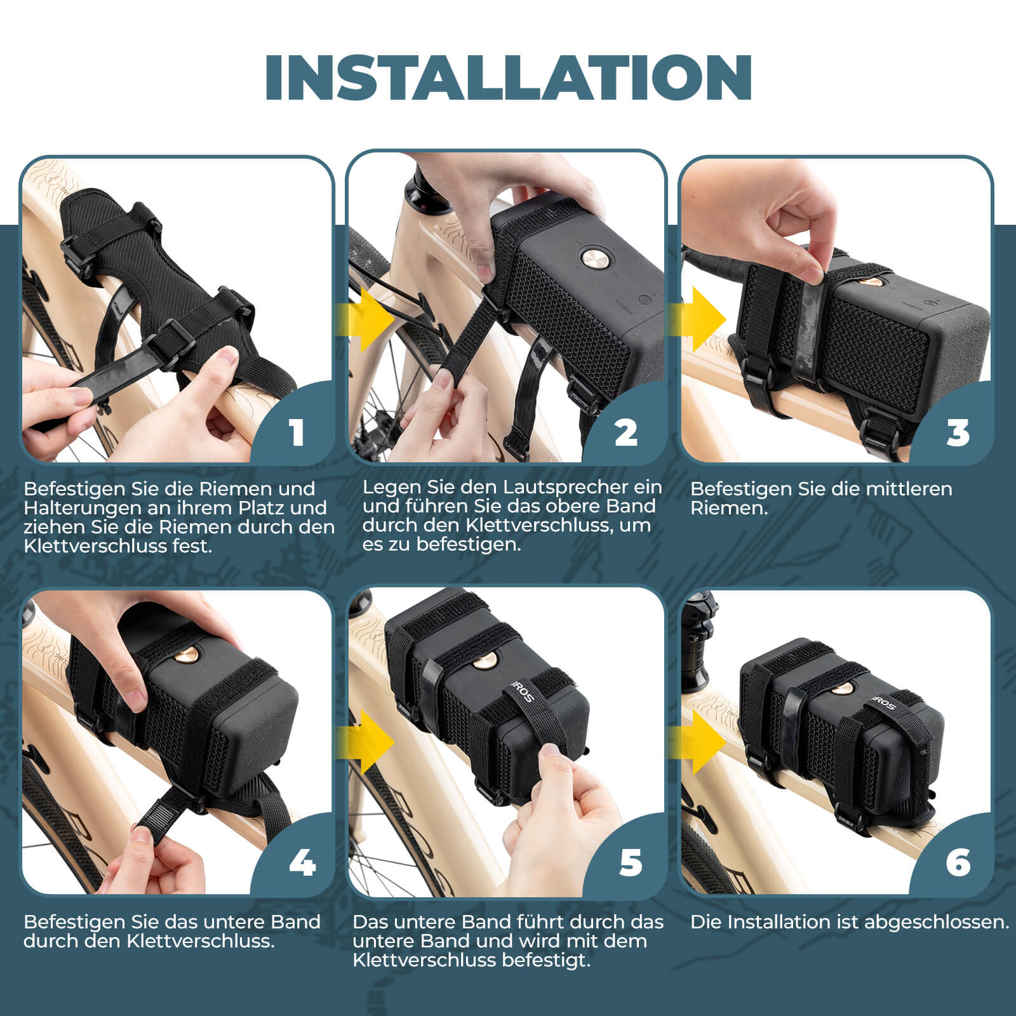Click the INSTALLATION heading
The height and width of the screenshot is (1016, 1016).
[508, 77]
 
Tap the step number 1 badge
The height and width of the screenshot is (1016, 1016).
[297, 433]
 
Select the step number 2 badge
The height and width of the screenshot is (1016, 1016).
[625, 433]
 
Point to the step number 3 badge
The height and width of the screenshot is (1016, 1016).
[958, 433]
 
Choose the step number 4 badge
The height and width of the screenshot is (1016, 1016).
[302, 863]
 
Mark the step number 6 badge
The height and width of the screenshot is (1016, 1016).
[958, 863]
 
